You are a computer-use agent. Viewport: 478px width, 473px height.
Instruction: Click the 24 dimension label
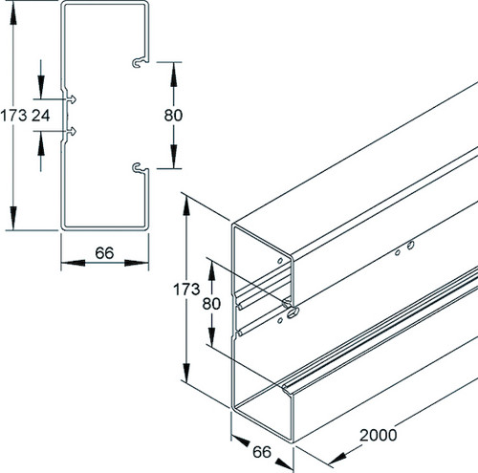coord(41,116)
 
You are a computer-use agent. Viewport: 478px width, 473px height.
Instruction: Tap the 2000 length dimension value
coord(379,435)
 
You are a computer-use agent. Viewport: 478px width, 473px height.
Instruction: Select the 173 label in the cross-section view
coord(13,116)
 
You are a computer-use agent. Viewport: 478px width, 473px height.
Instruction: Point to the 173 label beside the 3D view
coord(186,290)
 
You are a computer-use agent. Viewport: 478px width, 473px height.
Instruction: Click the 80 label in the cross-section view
coord(173,116)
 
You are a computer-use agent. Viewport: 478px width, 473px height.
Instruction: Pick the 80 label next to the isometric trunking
coord(211,304)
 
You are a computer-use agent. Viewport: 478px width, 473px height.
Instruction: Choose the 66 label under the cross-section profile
coord(104,253)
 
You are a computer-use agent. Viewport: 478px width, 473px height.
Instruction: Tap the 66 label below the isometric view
coord(262,452)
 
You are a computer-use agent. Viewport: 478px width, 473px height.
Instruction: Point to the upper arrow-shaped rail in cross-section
coord(72,99)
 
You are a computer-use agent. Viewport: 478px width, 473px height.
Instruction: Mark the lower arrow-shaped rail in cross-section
coord(72,131)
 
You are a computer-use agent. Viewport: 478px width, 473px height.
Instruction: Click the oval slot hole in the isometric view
coord(293,312)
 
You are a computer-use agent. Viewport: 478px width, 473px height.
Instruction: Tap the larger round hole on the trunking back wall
coord(411,245)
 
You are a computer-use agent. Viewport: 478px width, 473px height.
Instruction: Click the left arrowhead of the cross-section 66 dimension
coord(73,263)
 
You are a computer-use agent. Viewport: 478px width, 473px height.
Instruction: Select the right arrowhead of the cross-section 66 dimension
coord(137,263)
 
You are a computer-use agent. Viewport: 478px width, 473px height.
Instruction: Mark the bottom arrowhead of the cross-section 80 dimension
coord(173,156)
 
